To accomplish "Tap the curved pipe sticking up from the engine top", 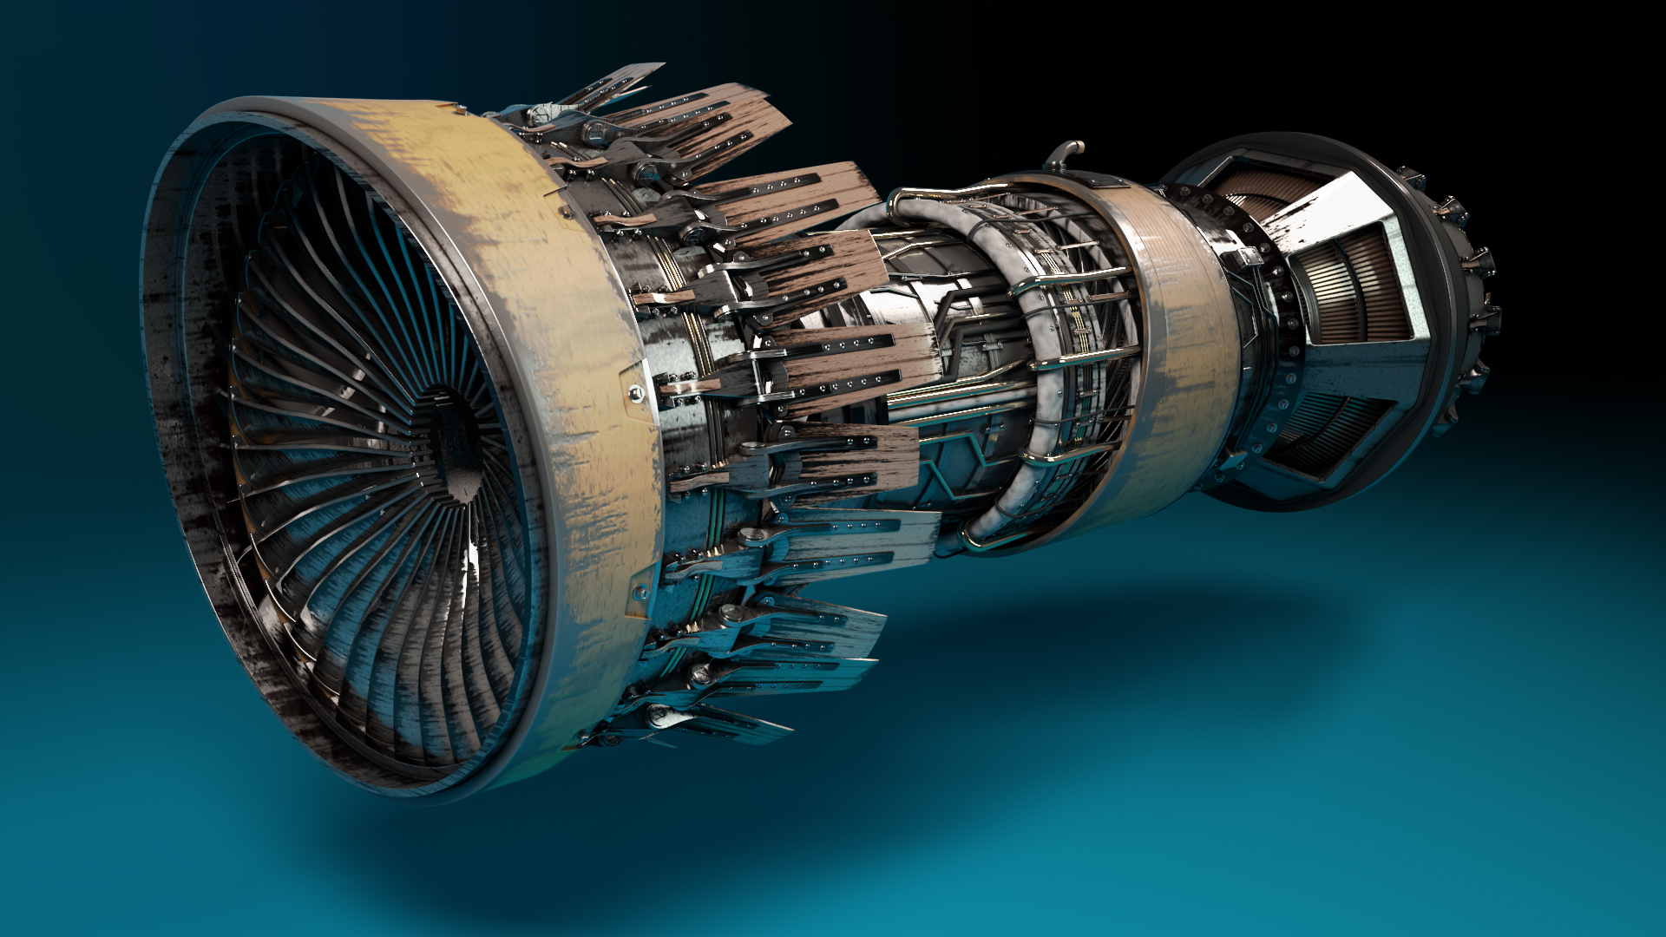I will (x=1064, y=155).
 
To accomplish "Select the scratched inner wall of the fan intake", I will (x=187, y=434).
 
